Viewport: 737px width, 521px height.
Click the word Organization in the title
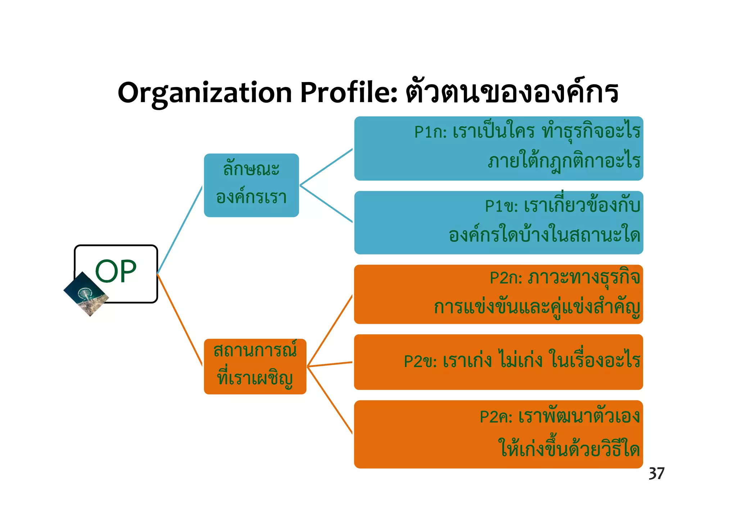click(204, 93)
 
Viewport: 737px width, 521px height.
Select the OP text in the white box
click(116, 271)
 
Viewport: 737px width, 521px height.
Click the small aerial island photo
click(86, 294)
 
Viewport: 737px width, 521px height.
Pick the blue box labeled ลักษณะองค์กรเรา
click(251, 185)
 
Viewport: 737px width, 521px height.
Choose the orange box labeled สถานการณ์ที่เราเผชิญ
click(255, 366)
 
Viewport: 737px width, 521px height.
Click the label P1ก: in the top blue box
click(430, 132)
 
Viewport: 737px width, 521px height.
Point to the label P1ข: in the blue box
click(501, 206)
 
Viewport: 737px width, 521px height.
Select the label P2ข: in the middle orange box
click(420, 361)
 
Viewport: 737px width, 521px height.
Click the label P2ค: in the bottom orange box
click(496, 417)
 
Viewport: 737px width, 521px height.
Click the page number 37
click(656, 474)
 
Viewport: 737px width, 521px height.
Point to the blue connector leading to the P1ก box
click(326, 167)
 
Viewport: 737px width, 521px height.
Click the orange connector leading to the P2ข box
click(330, 364)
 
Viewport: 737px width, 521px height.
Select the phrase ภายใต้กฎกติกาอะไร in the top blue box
click(564, 161)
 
